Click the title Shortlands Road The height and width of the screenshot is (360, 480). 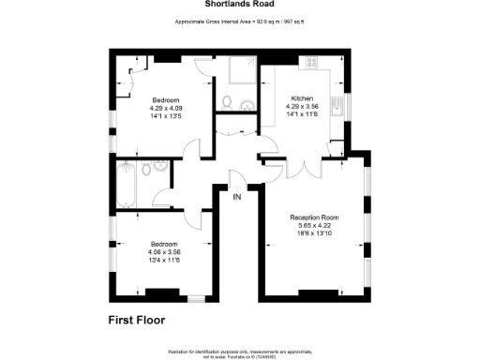(x=239, y=4)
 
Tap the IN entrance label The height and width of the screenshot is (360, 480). (x=238, y=198)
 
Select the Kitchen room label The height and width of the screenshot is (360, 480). (x=302, y=98)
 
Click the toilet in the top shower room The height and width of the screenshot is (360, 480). (x=227, y=102)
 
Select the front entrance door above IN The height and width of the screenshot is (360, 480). (x=238, y=178)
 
